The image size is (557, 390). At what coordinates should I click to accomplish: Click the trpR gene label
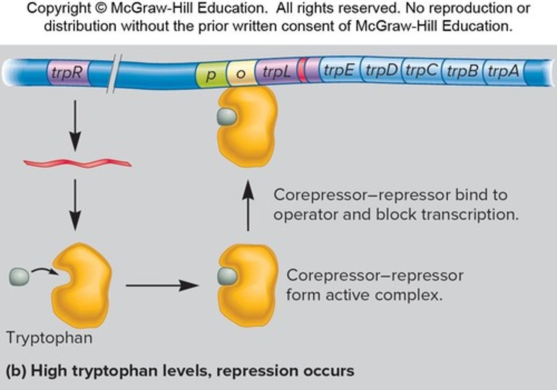67,72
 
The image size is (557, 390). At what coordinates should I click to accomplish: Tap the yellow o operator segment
241,73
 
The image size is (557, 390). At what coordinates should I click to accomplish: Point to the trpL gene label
277,72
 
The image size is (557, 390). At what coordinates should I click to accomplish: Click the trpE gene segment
339,71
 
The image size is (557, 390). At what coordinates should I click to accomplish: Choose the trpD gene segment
381,71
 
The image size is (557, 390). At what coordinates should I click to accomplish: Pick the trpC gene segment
422,71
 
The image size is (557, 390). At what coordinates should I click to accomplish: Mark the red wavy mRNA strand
77,163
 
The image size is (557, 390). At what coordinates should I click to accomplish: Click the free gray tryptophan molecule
19,277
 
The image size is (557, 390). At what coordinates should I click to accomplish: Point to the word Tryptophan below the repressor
50,338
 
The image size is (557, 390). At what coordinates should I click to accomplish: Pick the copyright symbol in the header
101,8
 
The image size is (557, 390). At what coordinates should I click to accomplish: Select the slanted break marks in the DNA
114,73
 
